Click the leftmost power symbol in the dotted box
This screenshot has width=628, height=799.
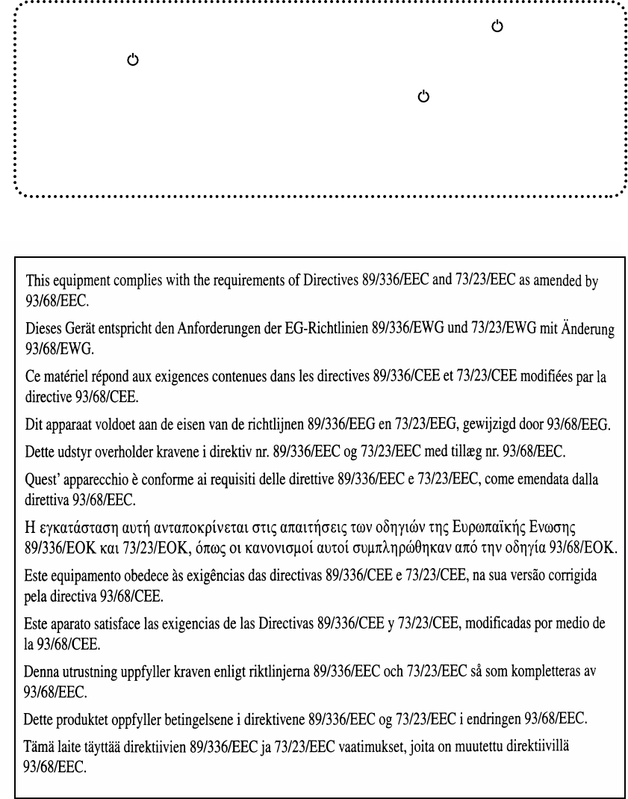coord(132,59)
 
